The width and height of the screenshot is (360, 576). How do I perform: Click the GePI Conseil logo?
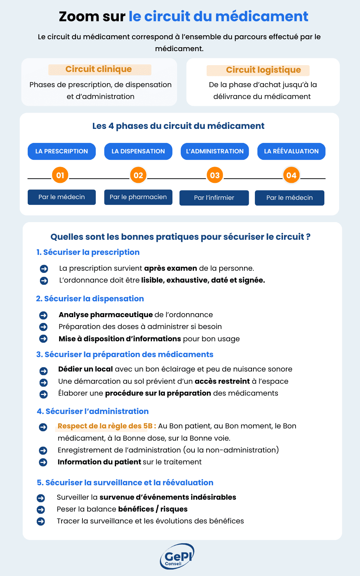[x=177, y=557]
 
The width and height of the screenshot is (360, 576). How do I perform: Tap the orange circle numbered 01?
[x=60, y=175]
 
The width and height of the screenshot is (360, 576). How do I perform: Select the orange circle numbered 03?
[x=215, y=175]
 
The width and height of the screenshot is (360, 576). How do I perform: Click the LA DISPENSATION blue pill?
[x=138, y=151]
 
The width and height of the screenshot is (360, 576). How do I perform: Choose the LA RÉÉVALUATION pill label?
[x=291, y=151]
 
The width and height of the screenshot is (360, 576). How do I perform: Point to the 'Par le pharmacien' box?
[x=138, y=197]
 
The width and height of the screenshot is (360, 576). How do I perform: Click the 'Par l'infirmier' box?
[x=214, y=198]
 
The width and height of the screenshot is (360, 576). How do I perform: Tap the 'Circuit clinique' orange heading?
[x=99, y=69]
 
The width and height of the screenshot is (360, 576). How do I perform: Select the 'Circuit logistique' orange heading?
[x=263, y=70]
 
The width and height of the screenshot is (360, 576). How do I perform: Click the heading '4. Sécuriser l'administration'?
[x=93, y=411]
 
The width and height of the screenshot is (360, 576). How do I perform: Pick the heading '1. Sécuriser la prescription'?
[x=88, y=252]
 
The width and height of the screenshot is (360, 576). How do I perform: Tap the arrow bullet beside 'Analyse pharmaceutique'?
[x=43, y=315]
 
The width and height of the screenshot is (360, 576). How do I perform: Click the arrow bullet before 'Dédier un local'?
[x=44, y=371]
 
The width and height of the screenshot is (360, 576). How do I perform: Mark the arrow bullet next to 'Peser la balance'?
[x=41, y=509]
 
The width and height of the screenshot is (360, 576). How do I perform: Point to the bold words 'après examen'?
[x=170, y=268]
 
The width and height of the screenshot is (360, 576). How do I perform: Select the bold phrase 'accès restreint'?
[x=222, y=381]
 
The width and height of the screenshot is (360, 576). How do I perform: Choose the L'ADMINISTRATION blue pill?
[x=215, y=151]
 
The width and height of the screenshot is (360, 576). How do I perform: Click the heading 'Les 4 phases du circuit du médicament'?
[x=178, y=126]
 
